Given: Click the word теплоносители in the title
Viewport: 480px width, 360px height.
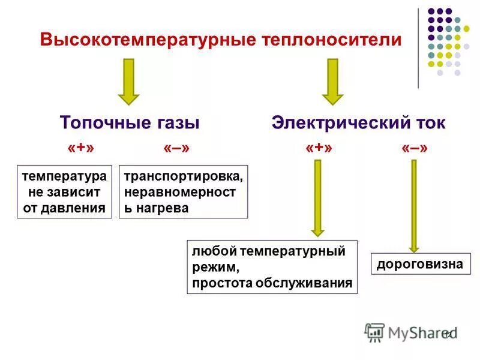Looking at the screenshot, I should click(332, 40).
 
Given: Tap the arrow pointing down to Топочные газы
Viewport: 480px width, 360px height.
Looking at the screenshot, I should click(128, 82).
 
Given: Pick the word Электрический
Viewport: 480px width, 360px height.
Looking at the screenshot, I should click(338, 123).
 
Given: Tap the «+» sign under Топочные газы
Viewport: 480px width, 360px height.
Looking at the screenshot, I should click(81, 148).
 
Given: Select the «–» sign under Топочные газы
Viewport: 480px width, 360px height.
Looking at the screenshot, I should click(176, 148).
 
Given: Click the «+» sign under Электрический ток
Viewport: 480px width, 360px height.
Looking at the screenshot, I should click(319, 148).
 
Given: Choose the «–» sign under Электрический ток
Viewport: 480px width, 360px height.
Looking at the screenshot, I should click(415, 148).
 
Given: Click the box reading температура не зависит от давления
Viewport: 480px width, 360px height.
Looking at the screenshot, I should click(64, 192).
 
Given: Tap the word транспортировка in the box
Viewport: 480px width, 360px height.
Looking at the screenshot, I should click(183, 178).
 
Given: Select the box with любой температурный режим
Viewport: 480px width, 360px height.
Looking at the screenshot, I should click(272, 267).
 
